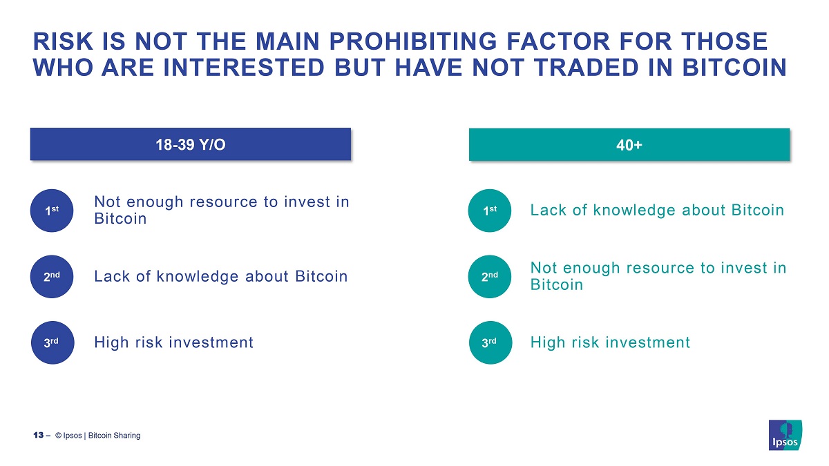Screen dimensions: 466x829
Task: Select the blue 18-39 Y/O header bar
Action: [190, 144]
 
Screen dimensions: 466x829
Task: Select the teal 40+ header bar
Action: [629, 144]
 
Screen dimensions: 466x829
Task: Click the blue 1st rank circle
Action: [52, 211]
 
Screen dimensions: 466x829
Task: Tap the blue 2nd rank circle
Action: [52, 276]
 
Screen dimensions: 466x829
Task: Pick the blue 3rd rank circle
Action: [52, 342]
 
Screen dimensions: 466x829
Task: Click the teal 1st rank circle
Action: [490, 211]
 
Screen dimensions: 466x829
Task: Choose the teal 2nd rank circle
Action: [490, 276]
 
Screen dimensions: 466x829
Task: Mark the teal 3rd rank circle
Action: [490, 342]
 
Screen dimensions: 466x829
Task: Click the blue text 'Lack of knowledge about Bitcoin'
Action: [220, 276]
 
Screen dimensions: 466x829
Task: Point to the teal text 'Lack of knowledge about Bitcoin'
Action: [657, 210]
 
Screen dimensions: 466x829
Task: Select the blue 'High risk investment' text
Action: [173, 342]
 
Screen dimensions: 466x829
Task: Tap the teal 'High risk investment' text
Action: [610, 342]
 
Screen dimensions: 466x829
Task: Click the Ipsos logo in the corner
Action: [785, 435]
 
